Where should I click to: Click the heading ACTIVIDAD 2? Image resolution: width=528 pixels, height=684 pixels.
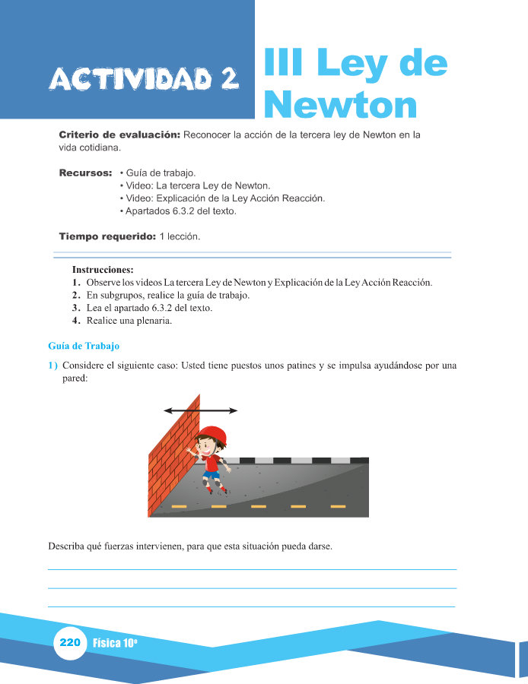point(144,78)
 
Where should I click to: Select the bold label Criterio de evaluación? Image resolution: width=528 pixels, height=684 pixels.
point(119,135)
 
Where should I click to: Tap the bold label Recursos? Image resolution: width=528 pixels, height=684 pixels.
point(86,173)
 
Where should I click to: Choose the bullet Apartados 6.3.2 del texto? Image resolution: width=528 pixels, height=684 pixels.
point(178,211)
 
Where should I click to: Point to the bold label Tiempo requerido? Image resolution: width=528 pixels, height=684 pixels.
point(107,237)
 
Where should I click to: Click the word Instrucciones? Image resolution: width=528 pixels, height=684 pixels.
point(103,270)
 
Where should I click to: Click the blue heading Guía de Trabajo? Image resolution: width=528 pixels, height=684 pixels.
point(84,347)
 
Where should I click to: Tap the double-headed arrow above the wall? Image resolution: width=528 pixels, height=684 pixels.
point(200,410)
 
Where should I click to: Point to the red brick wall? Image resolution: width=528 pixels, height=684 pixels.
point(173,457)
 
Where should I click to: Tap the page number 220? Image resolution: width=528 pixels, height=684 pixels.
point(69,643)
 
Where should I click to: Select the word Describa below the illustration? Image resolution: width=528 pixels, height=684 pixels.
point(67,546)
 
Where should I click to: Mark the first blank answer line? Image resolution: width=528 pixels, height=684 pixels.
point(252,569)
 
